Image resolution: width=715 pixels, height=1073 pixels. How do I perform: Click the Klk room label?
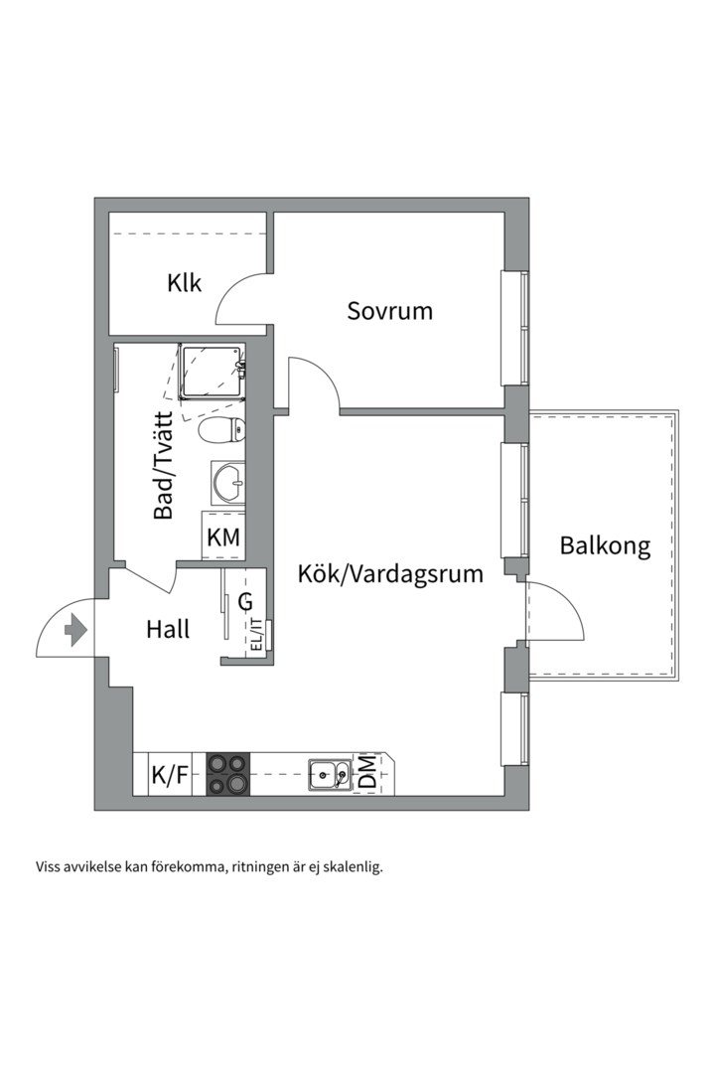[x=185, y=283]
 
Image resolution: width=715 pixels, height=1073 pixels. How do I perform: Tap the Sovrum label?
[x=389, y=311]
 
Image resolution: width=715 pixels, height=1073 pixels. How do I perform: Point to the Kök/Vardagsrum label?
[x=390, y=573]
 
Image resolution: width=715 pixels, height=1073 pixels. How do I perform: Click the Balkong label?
[x=605, y=545]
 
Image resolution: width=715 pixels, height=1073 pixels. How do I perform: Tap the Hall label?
[x=168, y=629]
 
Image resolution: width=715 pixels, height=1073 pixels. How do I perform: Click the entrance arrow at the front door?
[x=75, y=630]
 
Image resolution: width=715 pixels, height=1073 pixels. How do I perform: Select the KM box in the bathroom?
[x=222, y=538]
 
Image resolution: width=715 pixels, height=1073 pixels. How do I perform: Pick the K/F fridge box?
[x=169, y=775]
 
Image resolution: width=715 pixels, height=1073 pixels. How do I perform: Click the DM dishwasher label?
[x=367, y=773]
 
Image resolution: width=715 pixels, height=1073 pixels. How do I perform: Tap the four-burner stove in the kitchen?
[x=226, y=774]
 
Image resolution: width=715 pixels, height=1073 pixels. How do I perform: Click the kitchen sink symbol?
[x=329, y=774]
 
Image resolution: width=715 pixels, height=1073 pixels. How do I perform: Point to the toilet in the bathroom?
[x=221, y=430]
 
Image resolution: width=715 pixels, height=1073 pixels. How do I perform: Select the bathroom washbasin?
[x=228, y=484]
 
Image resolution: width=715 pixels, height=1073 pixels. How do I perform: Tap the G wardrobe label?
[x=245, y=601]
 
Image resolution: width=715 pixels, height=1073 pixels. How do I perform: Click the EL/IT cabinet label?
[x=256, y=635]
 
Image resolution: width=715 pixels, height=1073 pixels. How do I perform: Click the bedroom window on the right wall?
[x=514, y=327]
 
